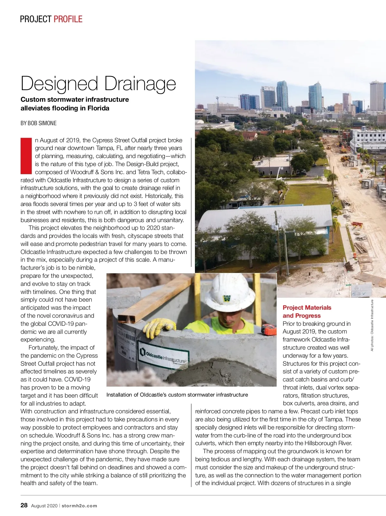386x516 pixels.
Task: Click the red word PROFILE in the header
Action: click(68, 19)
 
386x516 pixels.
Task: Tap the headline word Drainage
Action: click(140, 84)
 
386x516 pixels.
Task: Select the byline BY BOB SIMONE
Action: click(39, 123)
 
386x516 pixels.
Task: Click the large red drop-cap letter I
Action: click(26, 156)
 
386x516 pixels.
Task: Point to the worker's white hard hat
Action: click(229, 291)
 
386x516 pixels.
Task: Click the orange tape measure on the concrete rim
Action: click(269, 329)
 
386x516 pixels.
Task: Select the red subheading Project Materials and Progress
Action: click(307, 312)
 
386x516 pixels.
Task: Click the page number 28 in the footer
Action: click(24, 505)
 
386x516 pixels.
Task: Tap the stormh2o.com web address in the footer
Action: click(79, 506)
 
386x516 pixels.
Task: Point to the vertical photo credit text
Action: click(372, 325)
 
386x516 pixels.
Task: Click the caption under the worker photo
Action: click(177, 395)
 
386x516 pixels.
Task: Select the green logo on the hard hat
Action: click(227, 298)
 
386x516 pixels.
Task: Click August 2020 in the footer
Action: click(44, 506)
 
